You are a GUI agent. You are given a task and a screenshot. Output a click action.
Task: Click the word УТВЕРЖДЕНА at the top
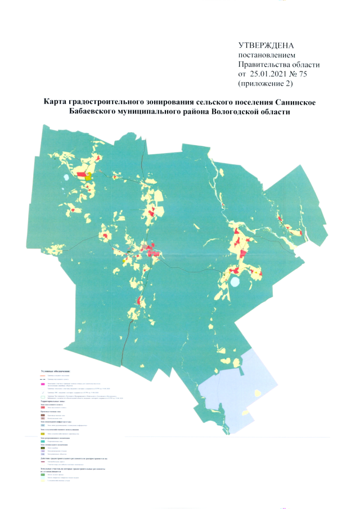coord(266,46)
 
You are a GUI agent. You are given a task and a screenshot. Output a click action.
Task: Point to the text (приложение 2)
coord(267,84)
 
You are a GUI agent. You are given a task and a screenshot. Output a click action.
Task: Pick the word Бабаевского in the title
coord(89,112)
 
